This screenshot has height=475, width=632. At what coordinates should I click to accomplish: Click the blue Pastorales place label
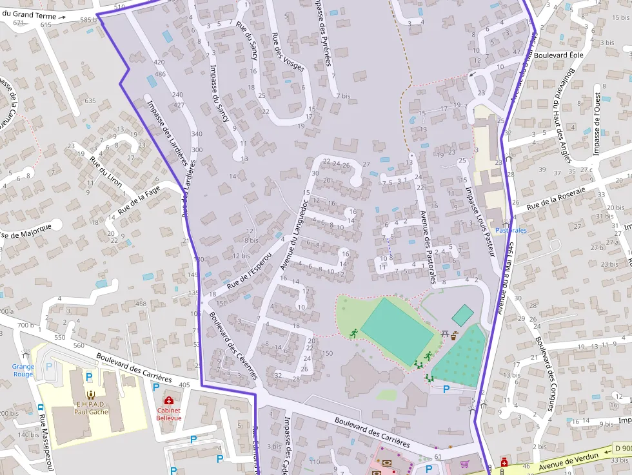(511, 230)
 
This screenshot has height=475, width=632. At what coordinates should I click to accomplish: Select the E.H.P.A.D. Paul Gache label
(90, 408)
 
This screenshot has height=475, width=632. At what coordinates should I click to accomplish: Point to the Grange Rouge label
(23, 370)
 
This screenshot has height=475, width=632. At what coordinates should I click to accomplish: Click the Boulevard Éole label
(558, 55)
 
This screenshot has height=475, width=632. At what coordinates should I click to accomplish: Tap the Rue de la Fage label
(138, 201)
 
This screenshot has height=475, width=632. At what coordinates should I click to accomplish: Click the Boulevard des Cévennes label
(233, 345)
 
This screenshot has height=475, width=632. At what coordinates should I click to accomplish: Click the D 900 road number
(622, 448)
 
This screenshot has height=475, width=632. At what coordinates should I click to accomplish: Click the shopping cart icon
(465, 463)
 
